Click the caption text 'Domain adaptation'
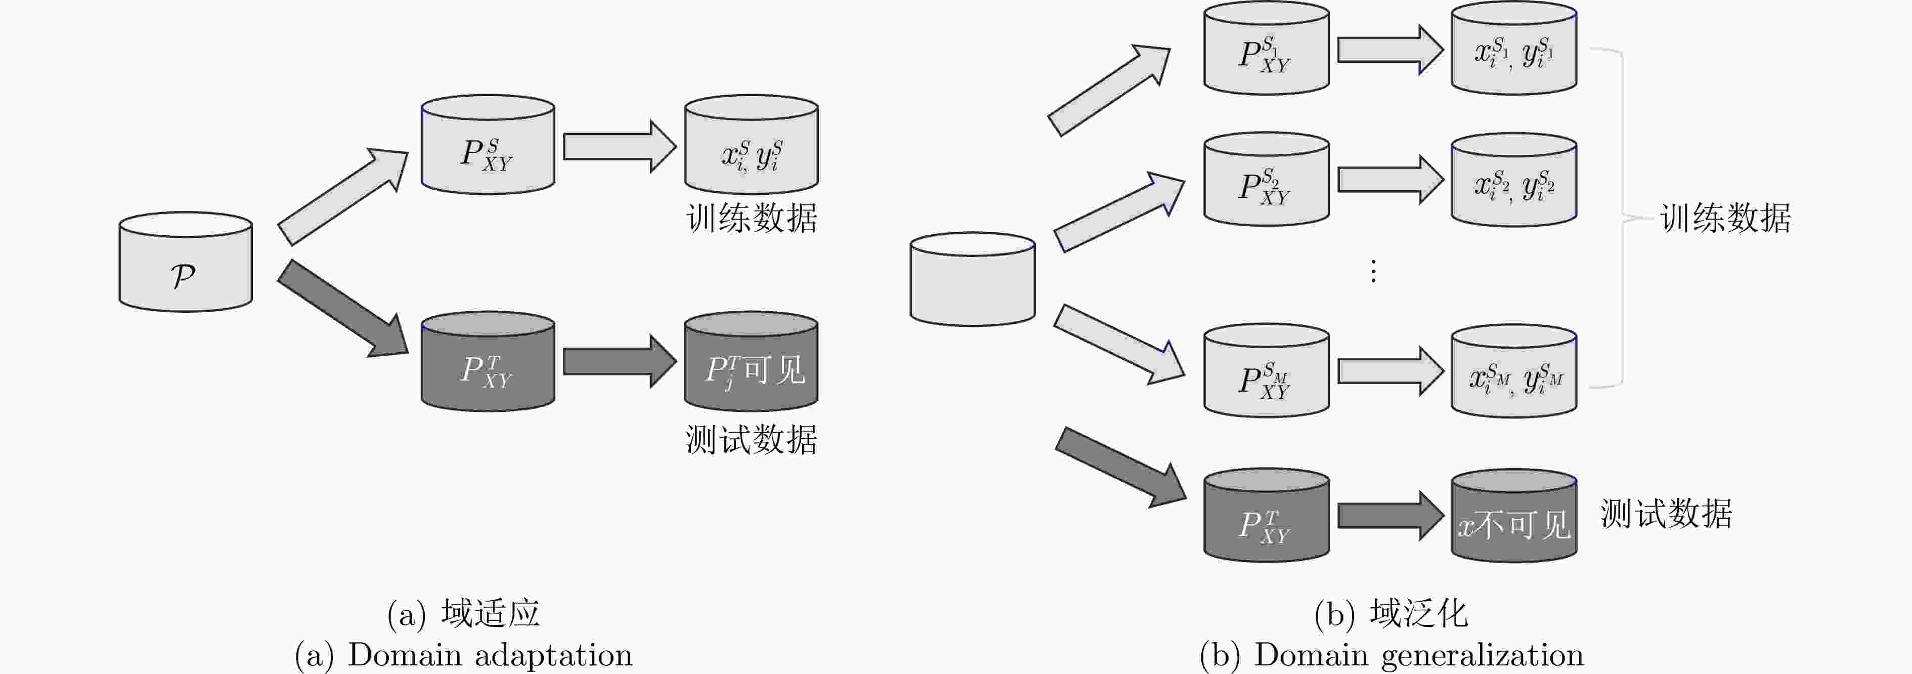[x=490, y=655]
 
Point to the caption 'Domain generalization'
[x=1418, y=655]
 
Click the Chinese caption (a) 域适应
[x=464, y=614]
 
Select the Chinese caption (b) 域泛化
[x=1391, y=614]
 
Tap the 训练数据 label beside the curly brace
[x=1726, y=218]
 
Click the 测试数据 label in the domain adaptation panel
[x=751, y=439]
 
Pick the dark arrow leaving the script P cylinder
[x=341, y=309]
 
